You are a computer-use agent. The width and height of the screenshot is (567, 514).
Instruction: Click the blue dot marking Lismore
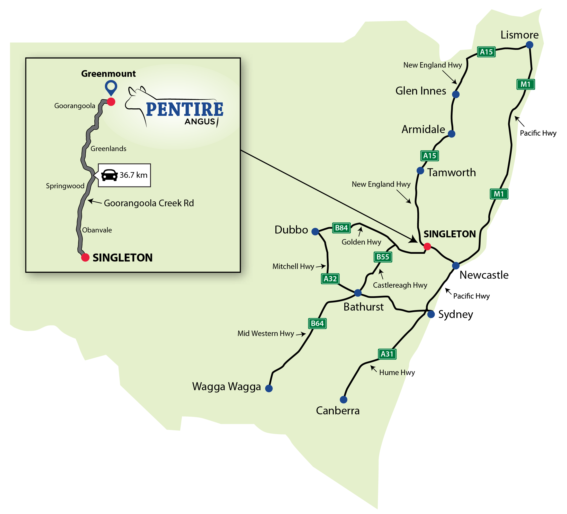pyautogui.click(x=529, y=45)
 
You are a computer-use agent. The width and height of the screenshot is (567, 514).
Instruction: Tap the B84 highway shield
pyautogui.click(x=341, y=228)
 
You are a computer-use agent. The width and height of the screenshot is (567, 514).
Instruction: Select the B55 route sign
pyautogui.click(x=383, y=257)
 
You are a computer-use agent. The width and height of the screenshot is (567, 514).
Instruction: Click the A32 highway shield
pyautogui.click(x=330, y=279)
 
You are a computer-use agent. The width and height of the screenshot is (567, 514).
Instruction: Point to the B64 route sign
pyautogui.click(x=317, y=323)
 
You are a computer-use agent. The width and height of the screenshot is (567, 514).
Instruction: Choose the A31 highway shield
pyautogui.click(x=387, y=354)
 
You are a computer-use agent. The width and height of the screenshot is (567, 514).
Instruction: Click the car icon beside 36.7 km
pyautogui.click(x=109, y=175)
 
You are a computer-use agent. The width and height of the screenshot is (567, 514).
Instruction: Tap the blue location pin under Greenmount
pyautogui.click(x=111, y=87)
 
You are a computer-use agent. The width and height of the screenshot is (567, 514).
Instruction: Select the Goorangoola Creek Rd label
pyautogui.click(x=149, y=203)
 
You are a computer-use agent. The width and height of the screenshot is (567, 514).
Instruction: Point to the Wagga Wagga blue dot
pyautogui.click(x=269, y=388)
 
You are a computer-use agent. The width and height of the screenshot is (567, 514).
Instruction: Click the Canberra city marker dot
pyautogui.click(x=343, y=400)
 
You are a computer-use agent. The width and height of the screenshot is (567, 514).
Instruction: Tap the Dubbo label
pyautogui.click(x=291, y=230)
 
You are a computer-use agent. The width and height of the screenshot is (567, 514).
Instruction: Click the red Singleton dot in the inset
pyautogui.click(x=85, y=257)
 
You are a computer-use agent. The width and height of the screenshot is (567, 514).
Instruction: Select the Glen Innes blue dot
pyautogui.click(x=456, y=94)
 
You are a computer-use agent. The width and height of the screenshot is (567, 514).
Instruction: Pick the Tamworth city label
pyautogui.click(x=451, y=173)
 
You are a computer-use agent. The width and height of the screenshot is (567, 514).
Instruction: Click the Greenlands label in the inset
pyautogui.click(x=108, y=149)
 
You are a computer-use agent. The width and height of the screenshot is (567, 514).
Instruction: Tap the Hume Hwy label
pyautogui.click(x=397, y=373)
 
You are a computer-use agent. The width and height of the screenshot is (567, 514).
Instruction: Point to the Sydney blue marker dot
pyautogui.click(x=431, y=314)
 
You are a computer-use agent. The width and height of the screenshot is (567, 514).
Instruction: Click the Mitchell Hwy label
pyautogui.click(x=293, y=266)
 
